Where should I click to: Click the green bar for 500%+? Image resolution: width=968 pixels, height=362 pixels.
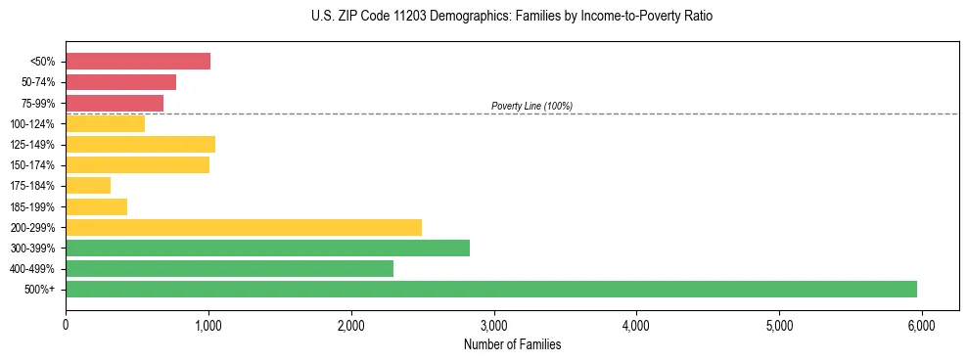[x=491, y=289]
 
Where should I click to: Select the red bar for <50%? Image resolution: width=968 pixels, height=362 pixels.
[x=138, y=62]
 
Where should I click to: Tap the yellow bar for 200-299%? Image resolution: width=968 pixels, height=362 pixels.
[x=244, y=227]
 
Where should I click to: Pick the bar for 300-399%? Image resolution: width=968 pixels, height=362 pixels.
[x=267, y=248]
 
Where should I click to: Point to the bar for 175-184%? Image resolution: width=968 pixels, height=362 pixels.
[x=88, y=186]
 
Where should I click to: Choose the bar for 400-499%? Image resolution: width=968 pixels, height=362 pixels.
[x=229, y=268]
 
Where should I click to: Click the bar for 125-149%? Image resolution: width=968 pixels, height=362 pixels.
[x=140, y=145]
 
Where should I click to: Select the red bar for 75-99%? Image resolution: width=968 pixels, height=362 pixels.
[x=115, y=103]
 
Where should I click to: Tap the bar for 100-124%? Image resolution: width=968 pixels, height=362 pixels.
[x=105, y=123]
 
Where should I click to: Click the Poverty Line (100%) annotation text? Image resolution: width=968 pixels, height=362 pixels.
[x=531, y=106]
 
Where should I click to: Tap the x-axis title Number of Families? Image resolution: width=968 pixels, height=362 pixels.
[x=512, y=344]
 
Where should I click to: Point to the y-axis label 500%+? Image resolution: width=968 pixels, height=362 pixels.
[x=41, y=290]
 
